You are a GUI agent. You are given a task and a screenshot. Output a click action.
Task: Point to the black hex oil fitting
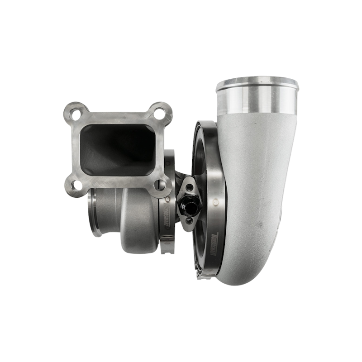click(x=190, y=208)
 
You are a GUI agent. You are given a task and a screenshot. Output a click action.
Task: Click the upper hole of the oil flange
click(x=189, y=187)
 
